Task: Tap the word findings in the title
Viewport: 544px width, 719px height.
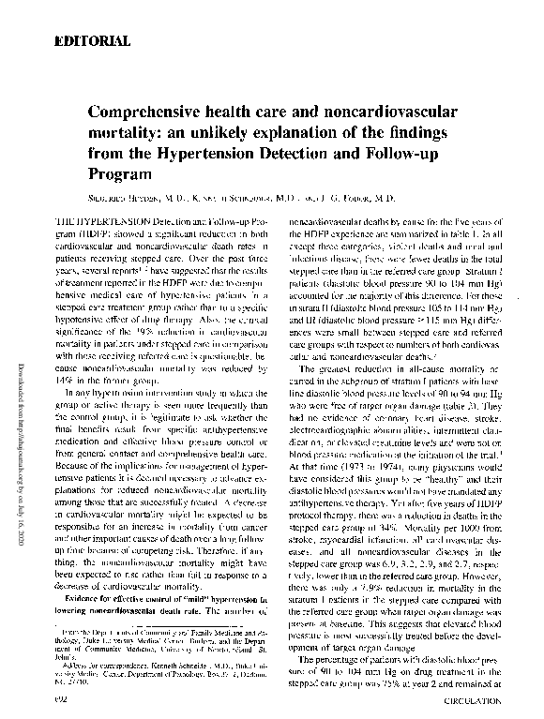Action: click(x=423, y=134)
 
